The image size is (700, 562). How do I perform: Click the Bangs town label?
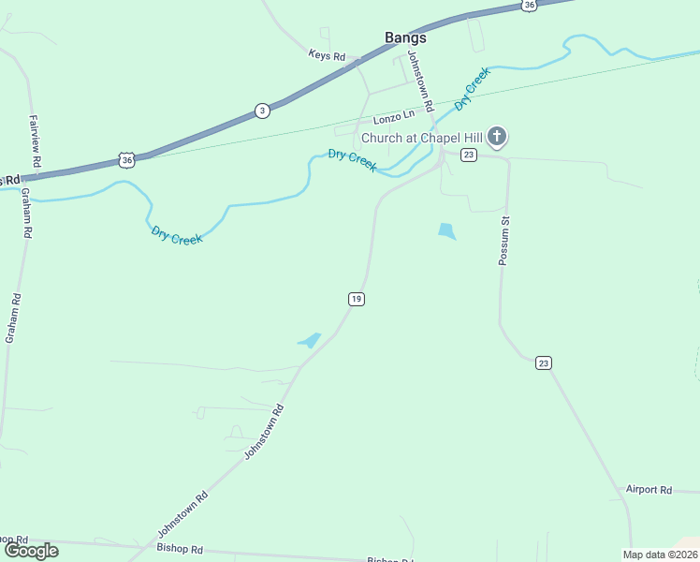pyautogui.click(x=405, y=38)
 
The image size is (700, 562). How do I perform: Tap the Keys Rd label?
pyautogui.click(x=327, y=55)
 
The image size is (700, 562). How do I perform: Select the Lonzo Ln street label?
pyautogui.click(x=393, y=117)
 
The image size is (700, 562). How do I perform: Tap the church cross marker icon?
pyautogui.click(x=497, y=138)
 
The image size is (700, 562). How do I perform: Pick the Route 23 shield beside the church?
pyautogui.click(x=469, y=155)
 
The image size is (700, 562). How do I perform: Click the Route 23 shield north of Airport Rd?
pyautogui.click(x=543, y=362)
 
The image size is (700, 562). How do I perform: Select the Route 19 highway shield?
pyautogui.click(x=356, y=299)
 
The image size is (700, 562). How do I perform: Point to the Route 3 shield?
pyautogui.click(x=262, y=111)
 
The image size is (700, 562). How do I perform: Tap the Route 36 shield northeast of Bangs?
pyautogui.click(x=529, y=5)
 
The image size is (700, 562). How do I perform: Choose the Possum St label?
pyautogui.click(x=503, y=242)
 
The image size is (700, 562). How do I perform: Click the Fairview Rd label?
pyautogui.click(x=35, y=141)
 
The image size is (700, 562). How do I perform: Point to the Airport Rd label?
pyautogui.click(x=649, y=490)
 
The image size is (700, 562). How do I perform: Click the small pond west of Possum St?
pyautogui.click(x=445, y=230)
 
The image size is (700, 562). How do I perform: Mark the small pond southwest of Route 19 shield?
pyautogui.click(x=310, y=340)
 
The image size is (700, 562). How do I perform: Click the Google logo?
pyautogui.click(x=32, y=550)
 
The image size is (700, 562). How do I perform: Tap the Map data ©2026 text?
pyautogui.click(x=660, y=555)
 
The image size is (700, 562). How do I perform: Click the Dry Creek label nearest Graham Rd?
pyautogui.click(x=177, y=236)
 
